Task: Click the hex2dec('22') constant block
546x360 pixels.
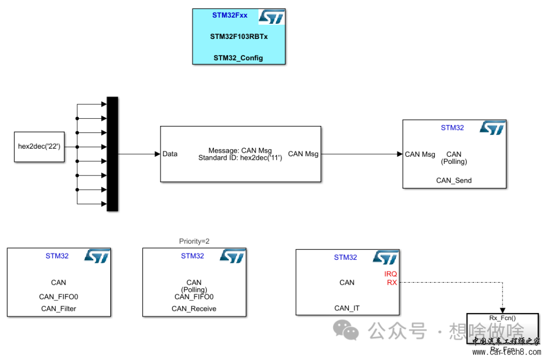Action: tap(39, 147)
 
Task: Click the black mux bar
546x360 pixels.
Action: tap(112, 154)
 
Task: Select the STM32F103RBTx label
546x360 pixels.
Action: tap(239, 36)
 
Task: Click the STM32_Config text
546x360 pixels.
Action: tap(238, 58)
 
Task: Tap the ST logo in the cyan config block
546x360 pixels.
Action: tap(271, 17)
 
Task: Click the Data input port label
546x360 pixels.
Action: tap(170, 154)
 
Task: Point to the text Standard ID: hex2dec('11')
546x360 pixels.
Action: tap(240, 158)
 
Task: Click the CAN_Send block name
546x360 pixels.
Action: tap(454, 180)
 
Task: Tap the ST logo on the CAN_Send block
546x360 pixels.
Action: tap(492, 128)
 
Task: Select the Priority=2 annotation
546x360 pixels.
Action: tap(194, 241)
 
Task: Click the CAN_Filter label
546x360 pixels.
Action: tap(59, 308)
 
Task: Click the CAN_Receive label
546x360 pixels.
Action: tap(194, 308)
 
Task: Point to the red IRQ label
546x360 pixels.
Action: tap(391, 274)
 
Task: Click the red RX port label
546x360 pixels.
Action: tap(392, 283)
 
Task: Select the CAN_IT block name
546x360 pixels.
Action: tap(347, 308)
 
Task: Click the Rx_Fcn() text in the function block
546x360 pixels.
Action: tap(503, 318)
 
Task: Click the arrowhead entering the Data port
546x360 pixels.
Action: tap(157, 154)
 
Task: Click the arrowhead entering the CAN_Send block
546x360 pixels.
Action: tap(399, 154)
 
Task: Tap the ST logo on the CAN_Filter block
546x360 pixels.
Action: tap(96, 256)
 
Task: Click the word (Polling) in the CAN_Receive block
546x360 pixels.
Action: tap(194, 290)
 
